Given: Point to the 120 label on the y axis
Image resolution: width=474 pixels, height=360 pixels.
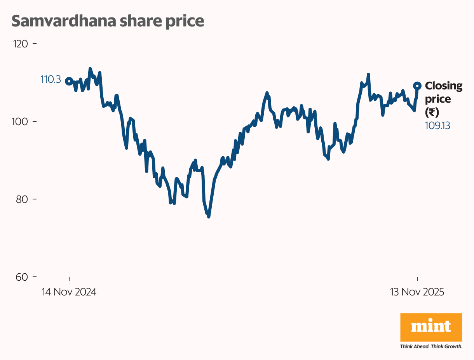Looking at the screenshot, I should pos(21,44).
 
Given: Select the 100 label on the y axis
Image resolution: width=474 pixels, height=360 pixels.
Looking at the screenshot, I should pos(21,121).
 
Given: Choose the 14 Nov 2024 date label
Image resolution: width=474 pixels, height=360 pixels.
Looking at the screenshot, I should pos(69,292).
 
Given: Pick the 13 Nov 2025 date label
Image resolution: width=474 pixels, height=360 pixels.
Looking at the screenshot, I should pos(417,292).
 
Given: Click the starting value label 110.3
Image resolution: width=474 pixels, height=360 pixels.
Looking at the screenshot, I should pos(51,80).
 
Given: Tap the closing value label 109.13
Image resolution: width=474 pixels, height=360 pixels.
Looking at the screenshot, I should pos(437,125).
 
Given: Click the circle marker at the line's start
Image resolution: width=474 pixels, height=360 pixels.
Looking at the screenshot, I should pos(69,81).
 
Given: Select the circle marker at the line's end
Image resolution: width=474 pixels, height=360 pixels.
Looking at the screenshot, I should pos(417,86).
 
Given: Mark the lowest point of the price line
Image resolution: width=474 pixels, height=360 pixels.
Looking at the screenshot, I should pos(209,217).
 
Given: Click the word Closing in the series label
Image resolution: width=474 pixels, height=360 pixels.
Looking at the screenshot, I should pos(444,86).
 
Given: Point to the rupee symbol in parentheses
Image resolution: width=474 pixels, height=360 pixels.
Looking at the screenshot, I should pos(432,112).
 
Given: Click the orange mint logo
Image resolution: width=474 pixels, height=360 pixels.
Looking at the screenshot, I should pos(431,327).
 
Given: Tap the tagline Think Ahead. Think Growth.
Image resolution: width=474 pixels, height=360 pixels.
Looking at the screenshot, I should pos(431,346).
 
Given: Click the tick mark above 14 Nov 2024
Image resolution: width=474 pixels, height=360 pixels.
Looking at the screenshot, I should pos(69,278).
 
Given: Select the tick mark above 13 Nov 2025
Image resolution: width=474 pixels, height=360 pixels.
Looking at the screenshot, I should pos(417,278).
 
